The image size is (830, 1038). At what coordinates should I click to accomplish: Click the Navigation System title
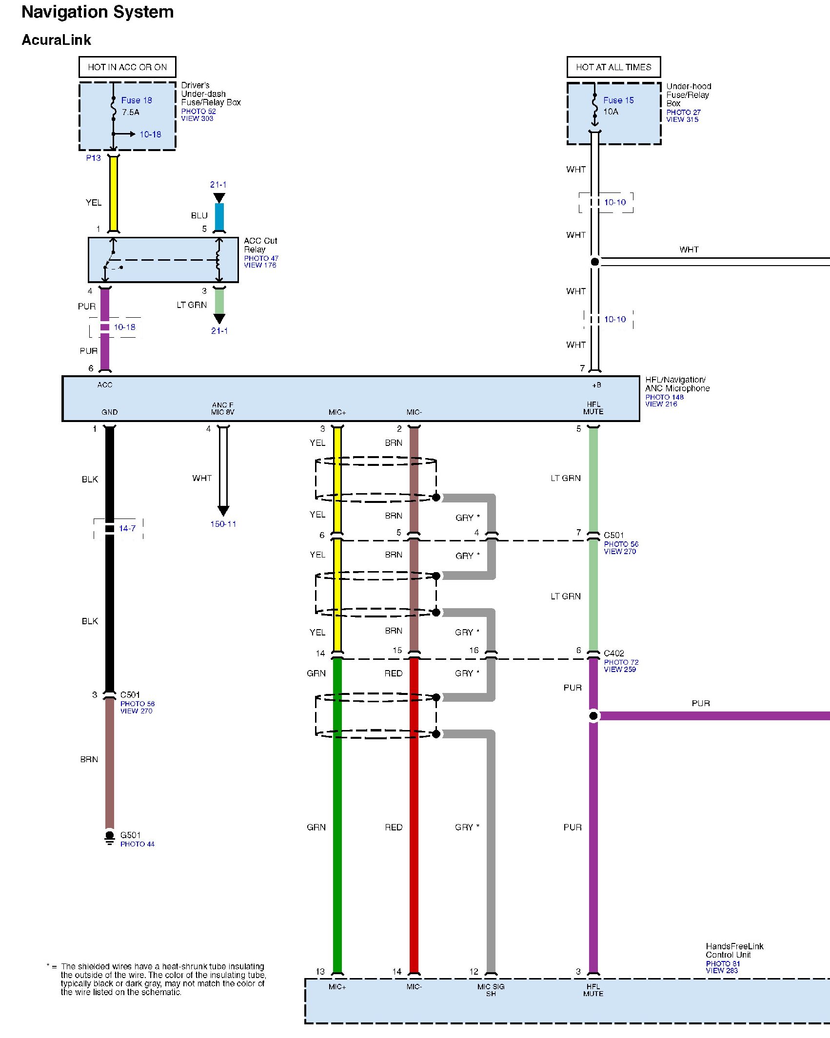(x=98, y=12)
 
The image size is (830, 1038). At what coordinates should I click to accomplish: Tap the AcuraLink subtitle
(x=56, y=40)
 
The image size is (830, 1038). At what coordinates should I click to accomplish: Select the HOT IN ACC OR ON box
(x=127, y=67)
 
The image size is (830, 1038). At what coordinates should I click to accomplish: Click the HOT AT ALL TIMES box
(x=613, y=67)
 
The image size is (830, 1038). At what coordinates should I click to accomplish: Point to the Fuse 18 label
(x=137, y=100)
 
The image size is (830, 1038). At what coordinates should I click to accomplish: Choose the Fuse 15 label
(x=618, y=100)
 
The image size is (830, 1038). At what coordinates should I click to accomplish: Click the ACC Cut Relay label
(x=260, y=245)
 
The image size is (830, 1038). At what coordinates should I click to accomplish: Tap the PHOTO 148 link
(x=664, y=397)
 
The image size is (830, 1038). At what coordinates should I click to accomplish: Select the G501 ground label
(x=130, y=835)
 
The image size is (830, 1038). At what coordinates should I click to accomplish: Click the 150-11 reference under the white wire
(x=223, y=524)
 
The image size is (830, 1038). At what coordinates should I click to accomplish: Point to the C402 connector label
(x=613, y=654)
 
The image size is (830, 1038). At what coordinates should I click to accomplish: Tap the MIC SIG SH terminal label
(x=491, y=990)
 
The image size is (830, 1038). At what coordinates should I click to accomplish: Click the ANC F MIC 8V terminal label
(x=223, y=408)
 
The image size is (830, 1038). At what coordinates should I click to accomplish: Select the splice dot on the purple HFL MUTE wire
(x=593, y=716)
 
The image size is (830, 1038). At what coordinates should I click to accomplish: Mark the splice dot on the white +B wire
(x=595, y=262)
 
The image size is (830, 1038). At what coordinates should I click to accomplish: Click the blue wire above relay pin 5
(x=219, y=217)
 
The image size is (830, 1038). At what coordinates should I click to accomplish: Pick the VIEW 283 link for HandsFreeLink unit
(x=722, y=970)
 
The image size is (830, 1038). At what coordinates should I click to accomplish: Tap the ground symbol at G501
(x=110, y=837)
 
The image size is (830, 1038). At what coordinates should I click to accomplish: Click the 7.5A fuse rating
(x=131, y=112)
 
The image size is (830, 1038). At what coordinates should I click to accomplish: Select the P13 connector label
(x=93, y=158)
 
